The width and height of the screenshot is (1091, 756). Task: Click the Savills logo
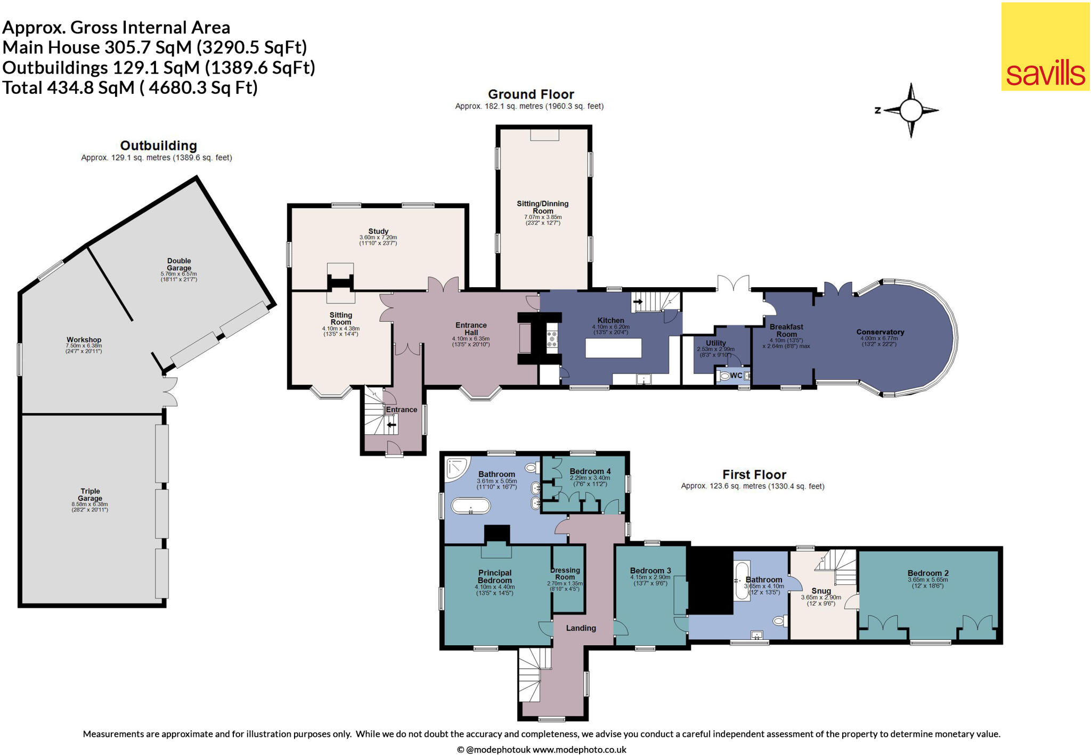1045,47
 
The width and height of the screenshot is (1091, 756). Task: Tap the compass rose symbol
910,111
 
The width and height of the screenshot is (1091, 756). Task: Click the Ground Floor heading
531,94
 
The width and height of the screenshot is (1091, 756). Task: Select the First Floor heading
754,474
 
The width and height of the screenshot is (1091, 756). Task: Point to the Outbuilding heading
158,145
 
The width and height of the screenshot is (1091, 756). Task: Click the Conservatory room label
880,332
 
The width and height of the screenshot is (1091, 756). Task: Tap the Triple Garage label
90,494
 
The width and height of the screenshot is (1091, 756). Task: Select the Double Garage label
179,264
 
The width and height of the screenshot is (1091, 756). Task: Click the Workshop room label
84,339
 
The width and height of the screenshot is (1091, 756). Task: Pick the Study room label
378,231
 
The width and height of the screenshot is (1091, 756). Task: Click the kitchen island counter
613,348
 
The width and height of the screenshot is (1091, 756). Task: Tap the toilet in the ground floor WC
724,376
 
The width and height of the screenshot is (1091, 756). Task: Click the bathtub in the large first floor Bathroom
470,506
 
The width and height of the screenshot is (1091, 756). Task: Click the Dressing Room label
565,573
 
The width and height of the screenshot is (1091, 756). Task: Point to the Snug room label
821,590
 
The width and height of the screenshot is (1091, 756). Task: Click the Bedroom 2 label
927,573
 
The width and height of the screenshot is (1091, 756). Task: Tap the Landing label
581,628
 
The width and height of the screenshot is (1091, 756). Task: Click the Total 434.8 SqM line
130,87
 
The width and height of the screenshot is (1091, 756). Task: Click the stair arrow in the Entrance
392,425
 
